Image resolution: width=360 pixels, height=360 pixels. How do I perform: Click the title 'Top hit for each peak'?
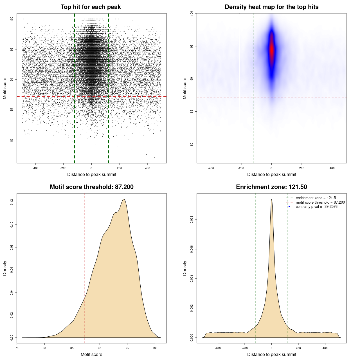(x=91, y=7)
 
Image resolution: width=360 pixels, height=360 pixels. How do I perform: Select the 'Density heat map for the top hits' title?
(x=271, y=7)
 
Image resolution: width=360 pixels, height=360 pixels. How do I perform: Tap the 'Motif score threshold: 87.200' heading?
(x=91, y=187)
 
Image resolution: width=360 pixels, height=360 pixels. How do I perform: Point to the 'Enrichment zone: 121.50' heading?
(x=271, y=187)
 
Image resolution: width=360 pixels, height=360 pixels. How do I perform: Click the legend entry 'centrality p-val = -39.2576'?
(x=316, y=207)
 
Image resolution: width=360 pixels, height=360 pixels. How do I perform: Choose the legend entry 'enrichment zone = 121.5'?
(x=316, y=198)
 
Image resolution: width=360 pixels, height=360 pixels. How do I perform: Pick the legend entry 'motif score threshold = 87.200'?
(x=320, y=202)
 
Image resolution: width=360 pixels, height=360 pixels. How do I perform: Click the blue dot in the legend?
(x=289, y=207)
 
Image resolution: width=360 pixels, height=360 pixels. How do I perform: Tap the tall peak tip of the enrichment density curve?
(x=271, y=199)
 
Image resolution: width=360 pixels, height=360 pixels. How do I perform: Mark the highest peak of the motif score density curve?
(x=124, y=199)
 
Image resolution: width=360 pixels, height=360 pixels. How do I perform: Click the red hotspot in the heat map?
(x=271, y=49)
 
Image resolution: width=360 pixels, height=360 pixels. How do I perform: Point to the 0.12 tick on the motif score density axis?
(x=12, y=202)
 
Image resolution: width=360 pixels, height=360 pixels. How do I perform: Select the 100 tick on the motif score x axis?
(x=155, y=348)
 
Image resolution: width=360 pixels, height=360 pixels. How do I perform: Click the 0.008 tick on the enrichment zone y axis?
(x=192, y=220)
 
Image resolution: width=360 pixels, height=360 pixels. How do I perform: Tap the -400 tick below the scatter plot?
(x=35, y=168)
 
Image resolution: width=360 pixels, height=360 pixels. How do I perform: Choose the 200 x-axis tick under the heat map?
(x=301, y=168)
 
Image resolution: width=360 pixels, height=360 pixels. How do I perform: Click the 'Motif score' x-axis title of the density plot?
(x=91, y=354)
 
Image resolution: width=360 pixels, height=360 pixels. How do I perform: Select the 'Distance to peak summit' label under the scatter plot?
(x=92, y=174)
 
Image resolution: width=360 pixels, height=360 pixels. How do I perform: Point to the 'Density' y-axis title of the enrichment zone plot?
(x=185, y=268)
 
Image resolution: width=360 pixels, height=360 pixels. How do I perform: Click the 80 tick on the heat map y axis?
(x=192, y=144)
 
